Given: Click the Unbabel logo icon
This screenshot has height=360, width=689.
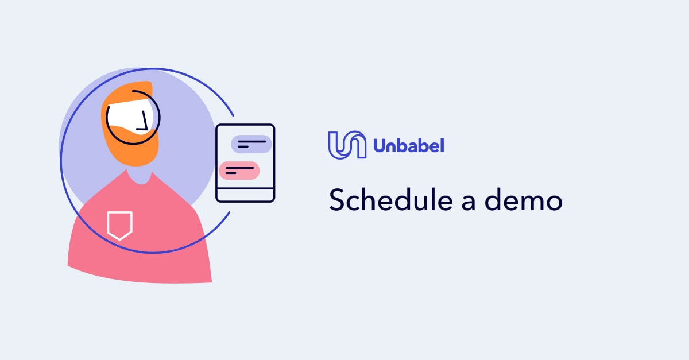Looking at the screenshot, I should (347, 145).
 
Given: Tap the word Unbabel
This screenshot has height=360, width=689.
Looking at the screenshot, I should (408, 146).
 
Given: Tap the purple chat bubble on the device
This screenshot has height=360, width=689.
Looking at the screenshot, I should (251, 144).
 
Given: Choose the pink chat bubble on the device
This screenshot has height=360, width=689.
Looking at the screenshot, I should (239, 171).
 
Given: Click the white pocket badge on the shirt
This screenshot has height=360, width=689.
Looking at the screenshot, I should (119, 224).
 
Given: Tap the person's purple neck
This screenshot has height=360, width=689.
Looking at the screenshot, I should (138, 175).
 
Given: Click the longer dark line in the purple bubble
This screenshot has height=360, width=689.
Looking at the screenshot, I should (252, 141).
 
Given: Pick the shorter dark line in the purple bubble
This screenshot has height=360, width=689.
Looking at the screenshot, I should (243, 148).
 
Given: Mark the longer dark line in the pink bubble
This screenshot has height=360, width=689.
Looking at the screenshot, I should (239, 168).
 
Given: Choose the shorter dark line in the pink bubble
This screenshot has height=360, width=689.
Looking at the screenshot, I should (231, 173).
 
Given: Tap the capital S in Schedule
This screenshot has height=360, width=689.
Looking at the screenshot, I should (336, 200).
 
